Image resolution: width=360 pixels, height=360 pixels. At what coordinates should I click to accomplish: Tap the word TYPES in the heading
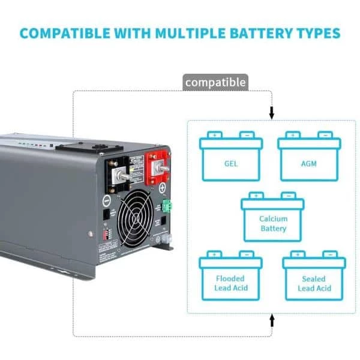coord(316,32)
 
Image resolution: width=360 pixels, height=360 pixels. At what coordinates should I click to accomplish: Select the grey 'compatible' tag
coord(215,82)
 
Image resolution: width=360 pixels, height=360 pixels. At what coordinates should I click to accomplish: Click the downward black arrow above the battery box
coord(272,112)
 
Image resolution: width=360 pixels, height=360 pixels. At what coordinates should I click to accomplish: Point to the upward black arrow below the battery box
coord(272,320)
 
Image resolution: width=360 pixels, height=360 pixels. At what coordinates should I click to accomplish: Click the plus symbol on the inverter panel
coord(162,188)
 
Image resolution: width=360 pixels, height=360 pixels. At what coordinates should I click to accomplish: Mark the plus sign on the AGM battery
coord(292,135)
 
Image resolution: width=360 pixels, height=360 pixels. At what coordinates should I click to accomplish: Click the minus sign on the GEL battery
coord(247,135)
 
